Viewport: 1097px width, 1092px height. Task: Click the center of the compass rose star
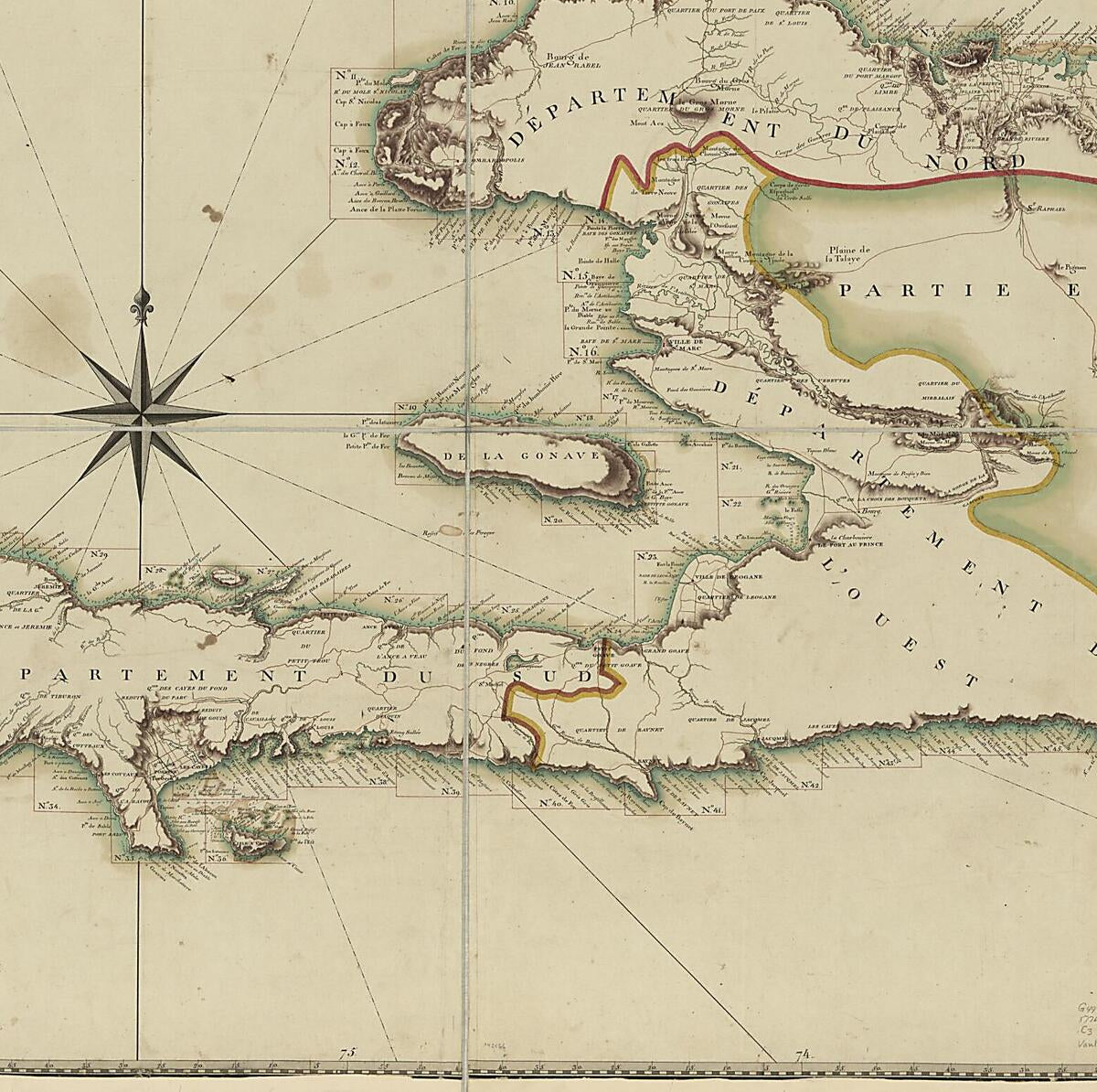coord(142,413)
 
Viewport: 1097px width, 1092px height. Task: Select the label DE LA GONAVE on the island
coord(520,455)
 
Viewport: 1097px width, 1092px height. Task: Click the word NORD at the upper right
coord(975,162)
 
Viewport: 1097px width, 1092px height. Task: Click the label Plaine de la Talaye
coord(849,253)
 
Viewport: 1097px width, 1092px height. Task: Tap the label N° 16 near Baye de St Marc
coord(582,351)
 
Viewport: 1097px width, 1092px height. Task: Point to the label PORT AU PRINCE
coord(855,545)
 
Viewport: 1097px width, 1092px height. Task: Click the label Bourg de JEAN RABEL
coord(571,60)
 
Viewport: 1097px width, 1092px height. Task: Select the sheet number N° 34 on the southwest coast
coord(48,806)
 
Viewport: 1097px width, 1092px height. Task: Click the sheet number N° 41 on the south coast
coord(712,810)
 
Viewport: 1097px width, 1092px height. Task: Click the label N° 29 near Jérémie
coord(99,554)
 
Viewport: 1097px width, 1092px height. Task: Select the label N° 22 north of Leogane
coord(730,502)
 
